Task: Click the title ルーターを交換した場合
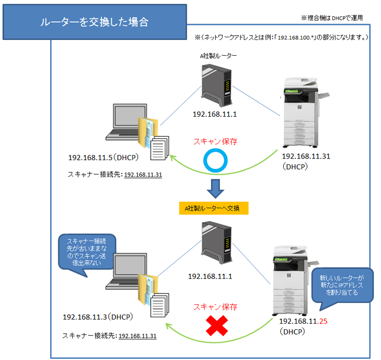click(95, 23)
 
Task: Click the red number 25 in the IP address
click(323, 322)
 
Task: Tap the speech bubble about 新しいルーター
click(343, 283)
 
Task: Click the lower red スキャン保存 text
click(215, 306)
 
